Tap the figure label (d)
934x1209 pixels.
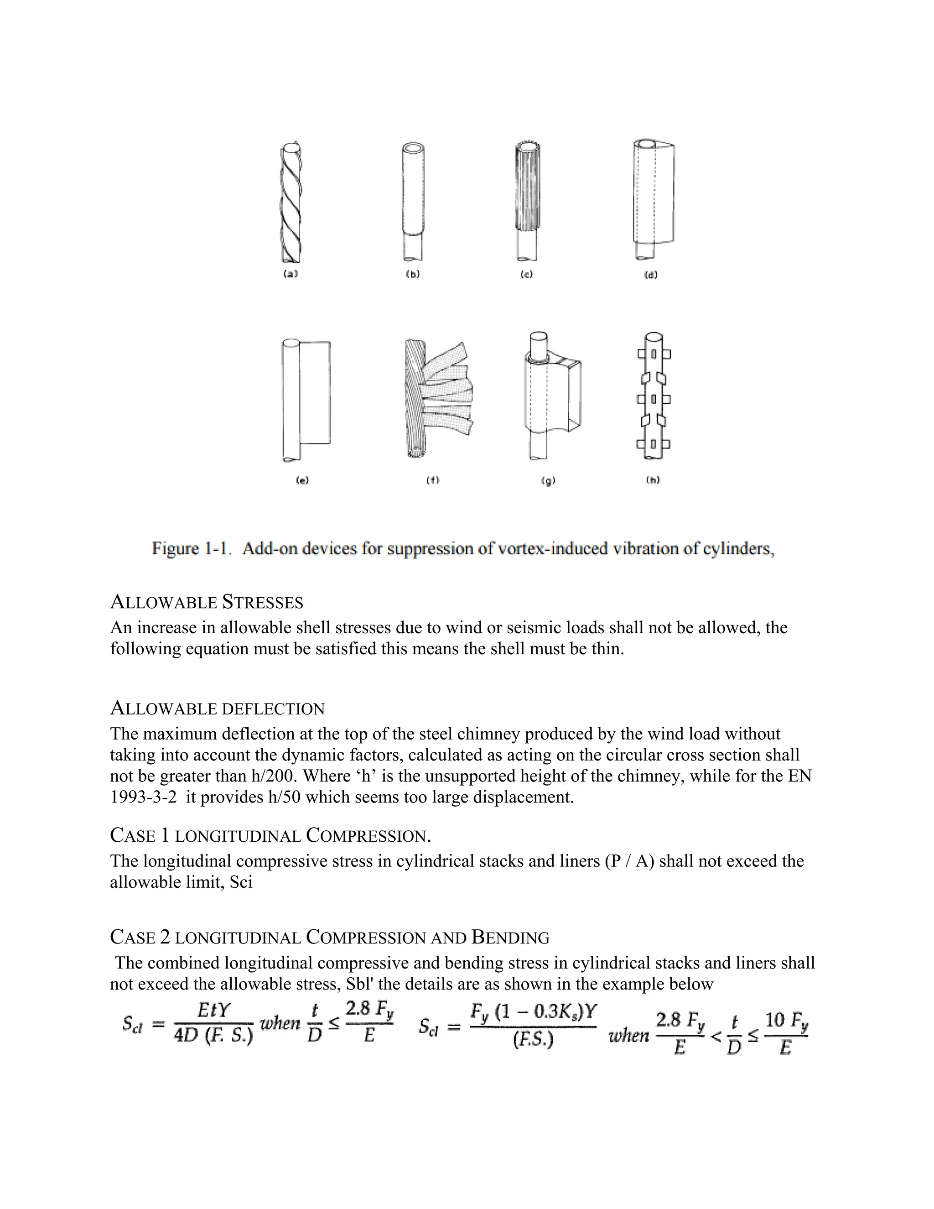[x=651, y=275]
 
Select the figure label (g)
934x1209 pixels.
[x=548, y=481]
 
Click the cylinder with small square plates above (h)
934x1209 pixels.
[x=654, y=396]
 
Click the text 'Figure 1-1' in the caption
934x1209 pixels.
[x=190, y=548]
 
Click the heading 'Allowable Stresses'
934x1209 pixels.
[x=207, y=602]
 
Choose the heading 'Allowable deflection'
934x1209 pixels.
[x=218, y=708]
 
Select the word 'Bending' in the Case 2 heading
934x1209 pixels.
[x=510, y=937]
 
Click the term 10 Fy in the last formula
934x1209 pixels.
[x=786, y=1020]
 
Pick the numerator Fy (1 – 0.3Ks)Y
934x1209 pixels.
[x=534, y=1012]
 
